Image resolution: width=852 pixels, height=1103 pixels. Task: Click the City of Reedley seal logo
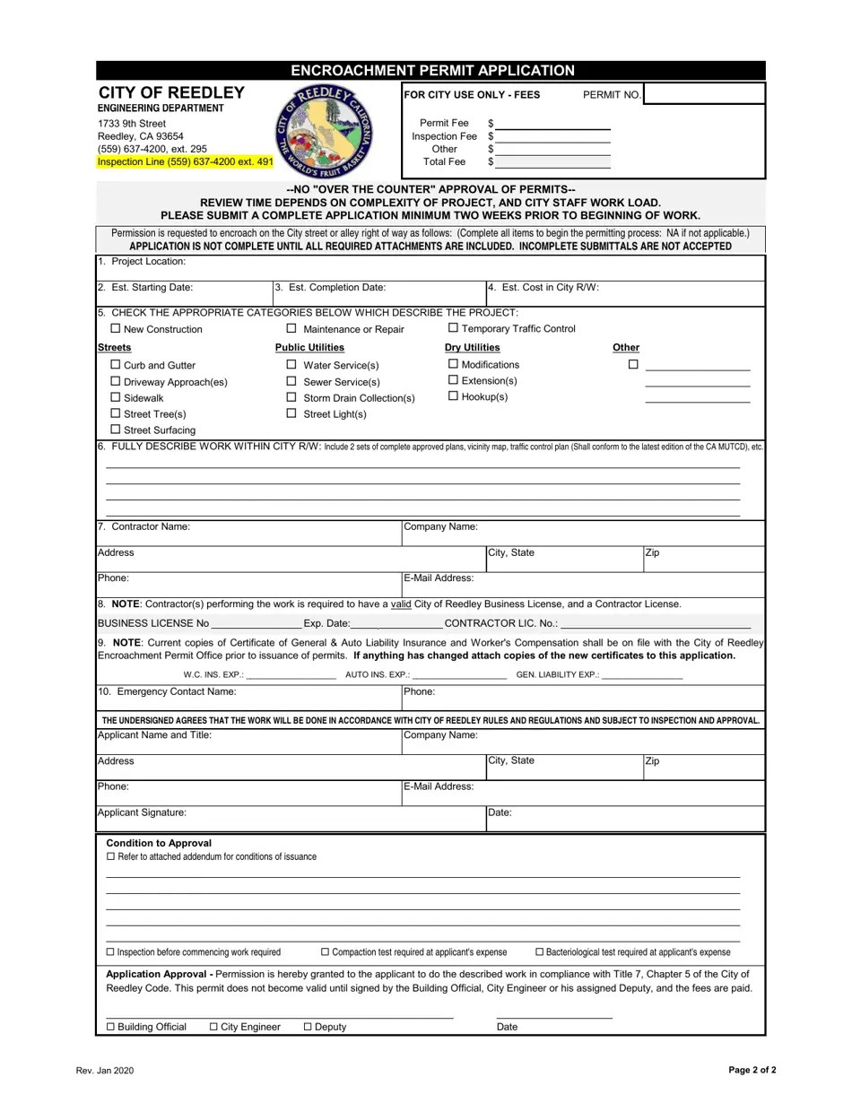325,133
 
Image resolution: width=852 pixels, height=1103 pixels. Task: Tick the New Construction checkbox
116,328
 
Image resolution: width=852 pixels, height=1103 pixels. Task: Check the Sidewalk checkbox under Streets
116,396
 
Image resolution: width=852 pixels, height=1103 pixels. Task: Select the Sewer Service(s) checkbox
291,381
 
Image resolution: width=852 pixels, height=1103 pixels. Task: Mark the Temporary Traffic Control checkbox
453,328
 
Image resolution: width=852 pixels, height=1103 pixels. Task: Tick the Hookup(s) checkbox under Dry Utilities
453,395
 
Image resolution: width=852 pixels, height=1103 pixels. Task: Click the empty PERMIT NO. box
703,94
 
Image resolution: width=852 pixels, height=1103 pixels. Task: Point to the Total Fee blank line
552,162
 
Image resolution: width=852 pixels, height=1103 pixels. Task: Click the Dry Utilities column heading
473,347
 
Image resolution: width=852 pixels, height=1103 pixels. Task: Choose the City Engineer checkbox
213,1027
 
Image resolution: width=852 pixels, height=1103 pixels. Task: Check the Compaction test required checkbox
326,952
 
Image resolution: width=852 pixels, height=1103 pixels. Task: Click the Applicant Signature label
142,812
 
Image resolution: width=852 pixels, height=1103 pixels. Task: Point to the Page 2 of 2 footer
752,1070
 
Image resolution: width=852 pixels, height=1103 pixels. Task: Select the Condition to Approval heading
159,843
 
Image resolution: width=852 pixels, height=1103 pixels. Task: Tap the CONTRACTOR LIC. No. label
500,623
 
